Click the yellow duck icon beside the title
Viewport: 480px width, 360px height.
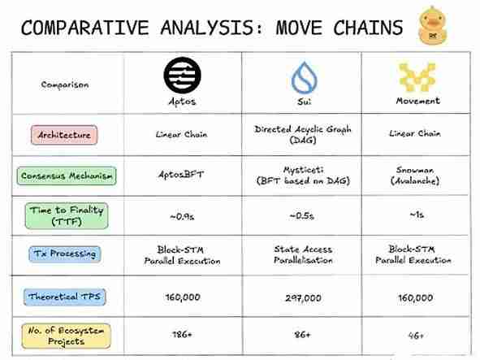point(435,24)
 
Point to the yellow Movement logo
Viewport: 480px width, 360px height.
point(417,76)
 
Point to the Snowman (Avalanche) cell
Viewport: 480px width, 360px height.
point(417,175)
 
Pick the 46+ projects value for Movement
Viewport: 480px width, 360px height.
point(417,333)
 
